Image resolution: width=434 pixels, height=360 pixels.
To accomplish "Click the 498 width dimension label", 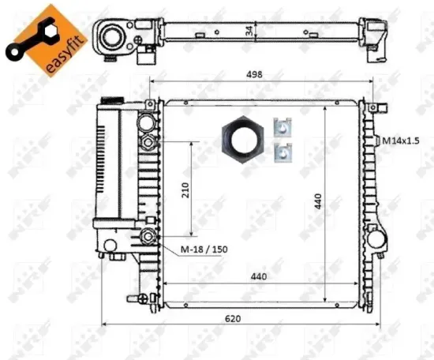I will [x=253, y=75].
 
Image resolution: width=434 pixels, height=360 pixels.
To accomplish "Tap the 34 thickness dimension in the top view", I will [x=249, y=32].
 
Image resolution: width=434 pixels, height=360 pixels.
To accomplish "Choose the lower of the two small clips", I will [x=282, y=152].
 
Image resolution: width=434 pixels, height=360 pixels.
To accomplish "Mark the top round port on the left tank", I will [x=149, y=123].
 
